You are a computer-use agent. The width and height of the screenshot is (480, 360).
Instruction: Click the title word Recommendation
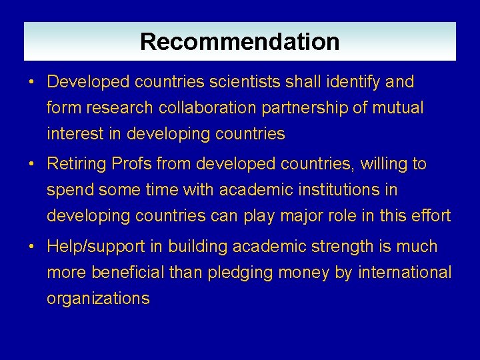pyautogui.click(x=239, y=42)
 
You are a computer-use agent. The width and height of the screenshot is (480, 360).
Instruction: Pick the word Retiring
pyautogui.click(x=72, y=164)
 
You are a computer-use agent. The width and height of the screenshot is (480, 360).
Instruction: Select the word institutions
pyautogui.click(x=344, y=190)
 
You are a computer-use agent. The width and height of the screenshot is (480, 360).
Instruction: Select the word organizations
pyautogui.click(x=98, y=299)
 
